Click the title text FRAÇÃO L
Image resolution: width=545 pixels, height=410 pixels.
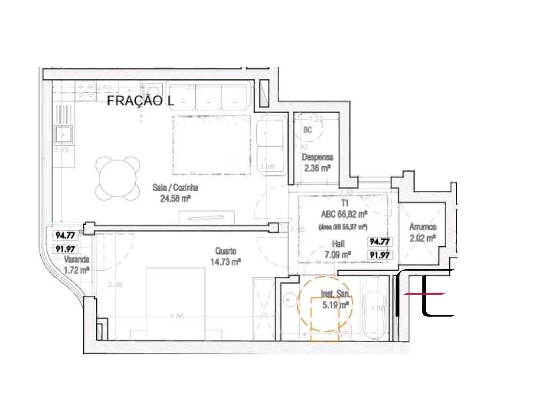(x=140, y=101)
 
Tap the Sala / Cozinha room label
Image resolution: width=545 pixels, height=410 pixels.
(x=175, y=188)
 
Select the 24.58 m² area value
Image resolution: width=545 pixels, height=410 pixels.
(x=175, y=199)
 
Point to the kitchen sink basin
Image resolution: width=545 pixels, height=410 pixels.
(x=64, y=134)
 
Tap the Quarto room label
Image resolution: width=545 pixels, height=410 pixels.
(x=225, y=251)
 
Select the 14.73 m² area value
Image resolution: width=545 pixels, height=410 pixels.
(x=225, y=261)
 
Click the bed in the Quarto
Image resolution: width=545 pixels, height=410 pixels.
(x=176, y=303)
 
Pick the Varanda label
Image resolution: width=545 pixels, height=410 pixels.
(x=76, y=260)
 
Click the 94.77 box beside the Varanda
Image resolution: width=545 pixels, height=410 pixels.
(x=65, y=235)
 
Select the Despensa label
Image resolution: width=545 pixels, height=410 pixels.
(x=317, y=157)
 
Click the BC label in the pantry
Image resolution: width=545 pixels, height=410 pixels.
(x=308, y=130)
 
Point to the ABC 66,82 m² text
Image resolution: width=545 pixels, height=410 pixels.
(x=344, y=213)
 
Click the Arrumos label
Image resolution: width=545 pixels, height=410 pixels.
(x=422, y=227)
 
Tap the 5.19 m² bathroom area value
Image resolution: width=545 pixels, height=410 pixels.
(x=336, y=305)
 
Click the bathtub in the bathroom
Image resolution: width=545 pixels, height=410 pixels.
(x=375, y=309)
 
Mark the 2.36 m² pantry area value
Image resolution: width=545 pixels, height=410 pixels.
(x=317, y=168)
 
